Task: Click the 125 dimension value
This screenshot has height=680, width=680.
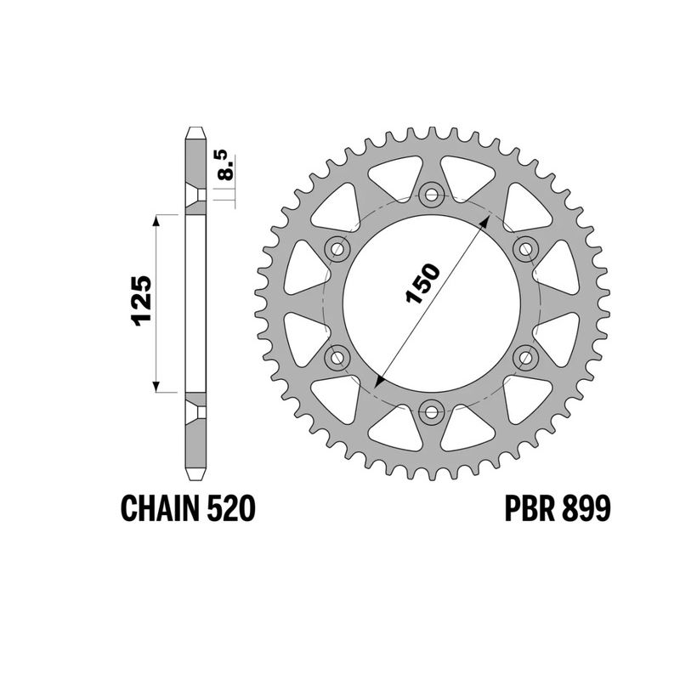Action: pyautogui.click(x=142, y=302)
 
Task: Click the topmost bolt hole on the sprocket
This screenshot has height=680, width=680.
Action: pyautogui.click(x=432, y=194)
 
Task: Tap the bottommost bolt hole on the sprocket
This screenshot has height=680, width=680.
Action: pyautogui.click(x=432, y=411)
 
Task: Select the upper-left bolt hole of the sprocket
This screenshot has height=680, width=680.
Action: pyautogui.click(x=338, y=248)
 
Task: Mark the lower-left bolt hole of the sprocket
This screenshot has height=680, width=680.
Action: pyautogui.click(x=338, y=357)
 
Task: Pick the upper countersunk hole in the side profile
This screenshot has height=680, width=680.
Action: pyautogui.click(x=196, y=195)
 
